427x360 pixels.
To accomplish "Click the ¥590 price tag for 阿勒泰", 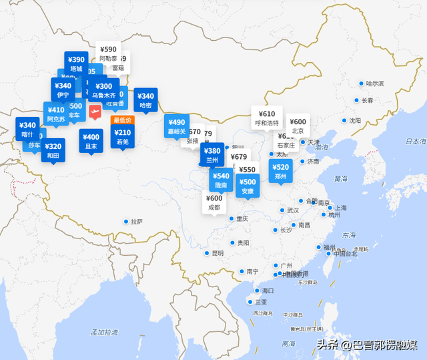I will pos(108,53).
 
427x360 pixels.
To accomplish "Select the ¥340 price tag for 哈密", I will pos(145,100).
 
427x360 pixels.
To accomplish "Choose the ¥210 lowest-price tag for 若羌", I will pos(123,136).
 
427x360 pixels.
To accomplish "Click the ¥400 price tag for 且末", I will pos(91,141).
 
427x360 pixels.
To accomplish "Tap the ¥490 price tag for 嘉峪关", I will pos(177,126).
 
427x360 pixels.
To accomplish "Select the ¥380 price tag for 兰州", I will pos(212,155).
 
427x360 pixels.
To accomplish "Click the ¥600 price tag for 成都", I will pos(214,202).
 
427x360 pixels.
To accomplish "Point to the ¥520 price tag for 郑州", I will pos(281,171).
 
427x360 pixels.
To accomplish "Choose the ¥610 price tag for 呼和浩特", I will pos(267,118).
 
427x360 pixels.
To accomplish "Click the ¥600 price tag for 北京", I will pos(298,126).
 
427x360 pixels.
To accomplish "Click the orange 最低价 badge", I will pos(123,120).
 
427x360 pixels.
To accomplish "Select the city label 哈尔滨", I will pos(376,83).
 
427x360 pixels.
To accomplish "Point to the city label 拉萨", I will pos(137,222).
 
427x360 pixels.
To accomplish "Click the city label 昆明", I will pos(218,253).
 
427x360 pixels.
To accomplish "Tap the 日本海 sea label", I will pos(414,142).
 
